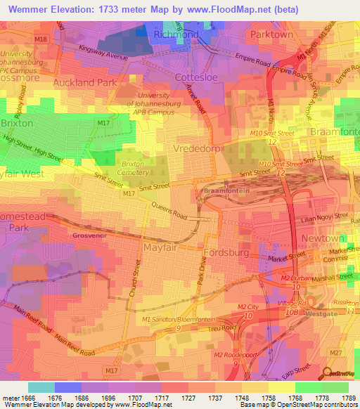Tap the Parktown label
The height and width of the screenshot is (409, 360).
271,34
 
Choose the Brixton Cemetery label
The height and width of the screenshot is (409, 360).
139,166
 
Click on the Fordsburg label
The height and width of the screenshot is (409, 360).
226,252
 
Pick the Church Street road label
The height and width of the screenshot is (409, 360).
136,278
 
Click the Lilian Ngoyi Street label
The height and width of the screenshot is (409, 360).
323,218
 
